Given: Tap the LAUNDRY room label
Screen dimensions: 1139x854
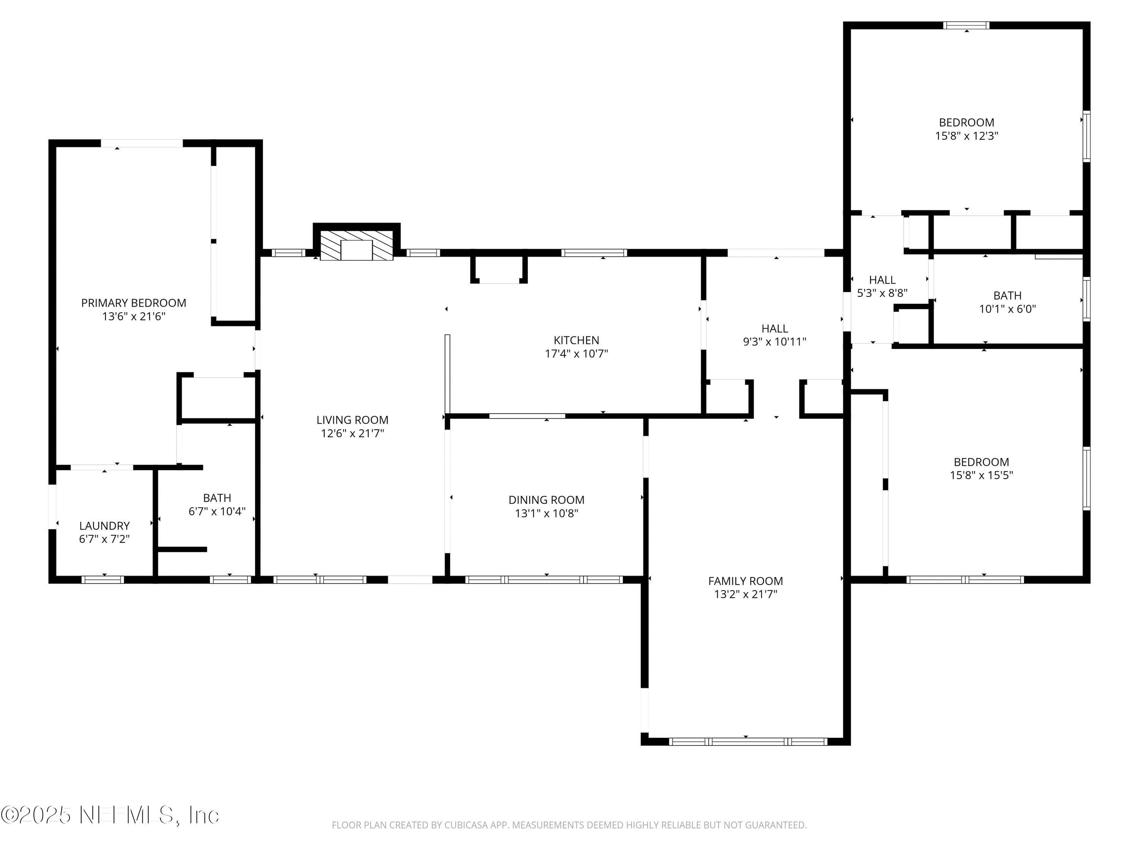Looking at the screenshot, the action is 104,526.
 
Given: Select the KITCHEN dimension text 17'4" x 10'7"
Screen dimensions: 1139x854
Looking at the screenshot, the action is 576,354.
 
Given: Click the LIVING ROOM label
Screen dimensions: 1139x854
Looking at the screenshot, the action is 352,420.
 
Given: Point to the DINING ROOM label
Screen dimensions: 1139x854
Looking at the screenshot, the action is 546,500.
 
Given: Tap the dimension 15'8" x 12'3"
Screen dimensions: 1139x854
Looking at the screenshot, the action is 967,136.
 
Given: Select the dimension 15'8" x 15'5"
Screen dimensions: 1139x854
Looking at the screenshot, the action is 981,475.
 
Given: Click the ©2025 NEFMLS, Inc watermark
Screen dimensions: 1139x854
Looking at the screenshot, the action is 110,815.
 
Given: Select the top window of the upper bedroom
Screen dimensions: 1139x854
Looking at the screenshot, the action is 966,25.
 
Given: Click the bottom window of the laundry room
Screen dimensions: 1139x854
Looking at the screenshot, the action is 103,580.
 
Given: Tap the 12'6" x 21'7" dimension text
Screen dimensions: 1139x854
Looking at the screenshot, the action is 352,433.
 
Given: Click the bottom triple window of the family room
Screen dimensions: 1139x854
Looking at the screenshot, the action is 748,742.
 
